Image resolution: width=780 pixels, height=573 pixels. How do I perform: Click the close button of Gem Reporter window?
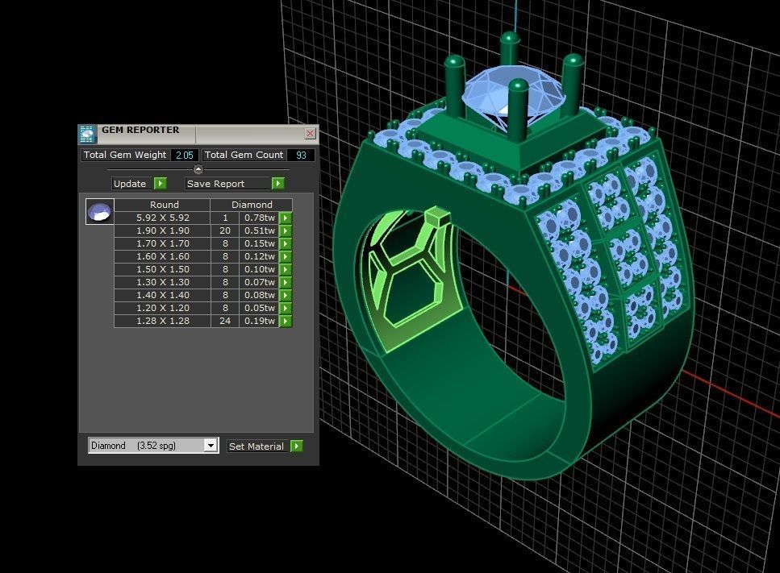pyautogui.click(x=310, y=134)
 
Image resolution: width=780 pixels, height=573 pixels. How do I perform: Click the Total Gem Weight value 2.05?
pyautogui.click(x=184, y=155)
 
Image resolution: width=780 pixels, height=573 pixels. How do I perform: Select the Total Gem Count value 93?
pyautogui.click(x=300, y=155)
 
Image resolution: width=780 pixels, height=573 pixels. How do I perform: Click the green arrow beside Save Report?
pyautogui.click(x=277, y=184)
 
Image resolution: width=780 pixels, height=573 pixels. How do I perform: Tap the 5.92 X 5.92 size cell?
pyautogui.click(x=162, y=218)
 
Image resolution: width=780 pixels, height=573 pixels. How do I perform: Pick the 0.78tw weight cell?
pyautogui.click(x=259, y=218)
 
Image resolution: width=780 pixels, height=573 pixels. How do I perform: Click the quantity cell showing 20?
pyautogui.click(x=225, y=230)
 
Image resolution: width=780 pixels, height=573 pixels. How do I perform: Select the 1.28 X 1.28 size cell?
pyautogui.click(x=162, y=321)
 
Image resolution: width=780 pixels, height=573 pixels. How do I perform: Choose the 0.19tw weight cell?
pyautogui.click(x=259, y=321)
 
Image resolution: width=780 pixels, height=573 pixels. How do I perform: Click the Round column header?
pyautogui.click(x=164, y=205)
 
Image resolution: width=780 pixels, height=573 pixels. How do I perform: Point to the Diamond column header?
pyautogui.click(x=252, y=205)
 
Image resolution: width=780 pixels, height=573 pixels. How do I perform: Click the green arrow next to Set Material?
pyautogui.click(x=297, y=446)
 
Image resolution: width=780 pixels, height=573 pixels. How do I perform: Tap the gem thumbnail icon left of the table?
pyautogui.click(x=100, y=212)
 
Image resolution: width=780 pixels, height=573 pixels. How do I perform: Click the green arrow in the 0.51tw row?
pyautogui.click(x=286, y=230)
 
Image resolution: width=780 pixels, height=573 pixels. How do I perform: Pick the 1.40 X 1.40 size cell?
pyautogui.click(x=162, y=295)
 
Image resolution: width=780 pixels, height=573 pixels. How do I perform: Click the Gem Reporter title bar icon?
pyautogui.click(x=87, y=134)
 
